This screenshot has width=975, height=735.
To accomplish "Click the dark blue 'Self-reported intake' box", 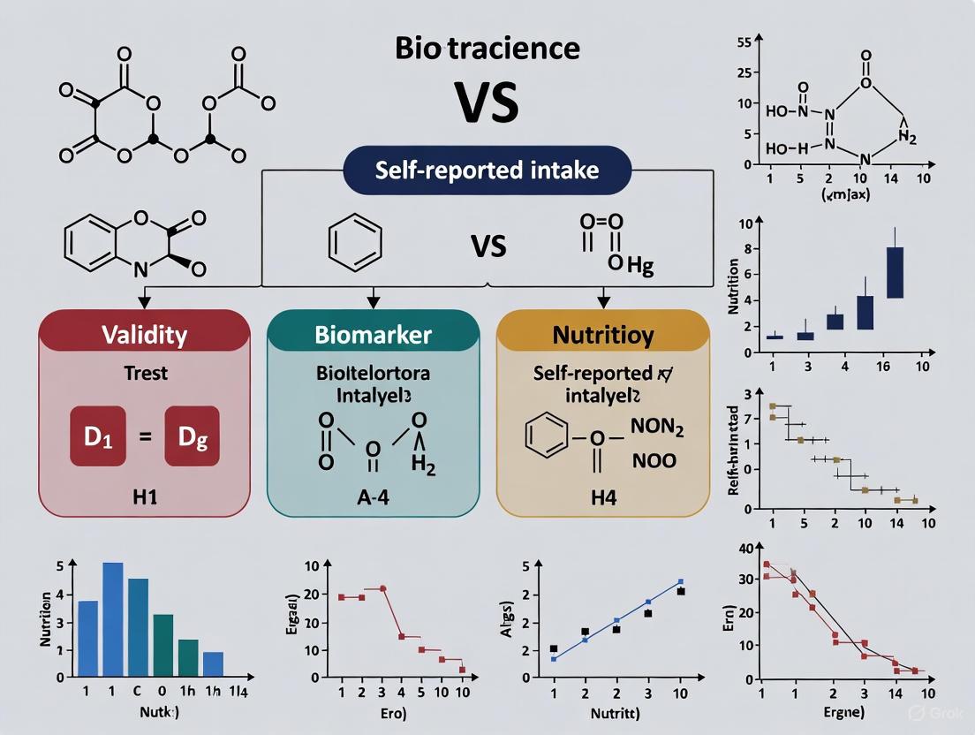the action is tap(487, 169).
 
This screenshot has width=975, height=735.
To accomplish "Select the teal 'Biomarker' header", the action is tap(373, 335).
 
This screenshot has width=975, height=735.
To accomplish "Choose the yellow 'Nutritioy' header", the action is tap(603, 335).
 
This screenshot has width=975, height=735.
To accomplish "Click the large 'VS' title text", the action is tap(486, 102).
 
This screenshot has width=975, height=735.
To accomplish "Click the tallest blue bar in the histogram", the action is tap(113, 619).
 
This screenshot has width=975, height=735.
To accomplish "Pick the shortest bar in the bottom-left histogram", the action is tap(213, 663).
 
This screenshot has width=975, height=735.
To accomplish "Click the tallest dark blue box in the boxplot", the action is tap(895, 272).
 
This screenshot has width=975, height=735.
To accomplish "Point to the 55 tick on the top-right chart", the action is tap(743, 42).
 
